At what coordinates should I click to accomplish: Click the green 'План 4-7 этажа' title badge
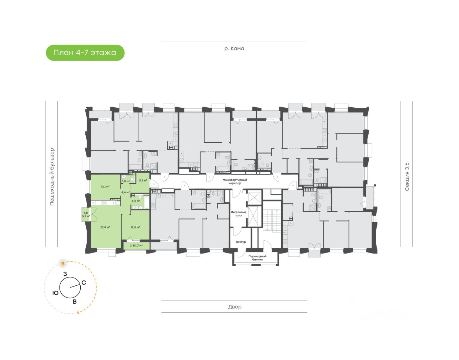pyautogui.click(x=85, y=53)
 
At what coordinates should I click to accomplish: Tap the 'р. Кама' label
pyautogui.click(x=234, y=48)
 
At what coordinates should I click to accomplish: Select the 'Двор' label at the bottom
pyautogui.click(x=235, y=307)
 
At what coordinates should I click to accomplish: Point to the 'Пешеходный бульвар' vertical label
pyautogui.click(x=52, y=176)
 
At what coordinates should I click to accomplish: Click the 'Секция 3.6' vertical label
pyautogui.click(x=407, y=176)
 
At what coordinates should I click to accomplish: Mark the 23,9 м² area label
pyautogui.click(x=105, y=227)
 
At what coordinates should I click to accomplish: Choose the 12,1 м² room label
pyautogui.click(x=105, y=186)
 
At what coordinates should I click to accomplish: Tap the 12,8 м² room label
pyautogui.click(x=135, y=227)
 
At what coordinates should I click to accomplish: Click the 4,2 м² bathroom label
pyautogui.click(x=136, y=201)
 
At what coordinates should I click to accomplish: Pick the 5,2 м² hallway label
pyautogui.click(x=143, y=180)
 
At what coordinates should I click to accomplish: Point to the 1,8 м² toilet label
pyautogui.click(x=126, y=181)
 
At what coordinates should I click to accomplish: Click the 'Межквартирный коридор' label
pyautogui.click(x=235, y=181)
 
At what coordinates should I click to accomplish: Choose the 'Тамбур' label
pyautogui.click(x=241, y=242)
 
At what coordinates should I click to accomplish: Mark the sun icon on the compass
pyautogui.click(x=63, y=264)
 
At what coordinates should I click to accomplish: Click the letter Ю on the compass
pyautogui.click(x=55, y=293)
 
